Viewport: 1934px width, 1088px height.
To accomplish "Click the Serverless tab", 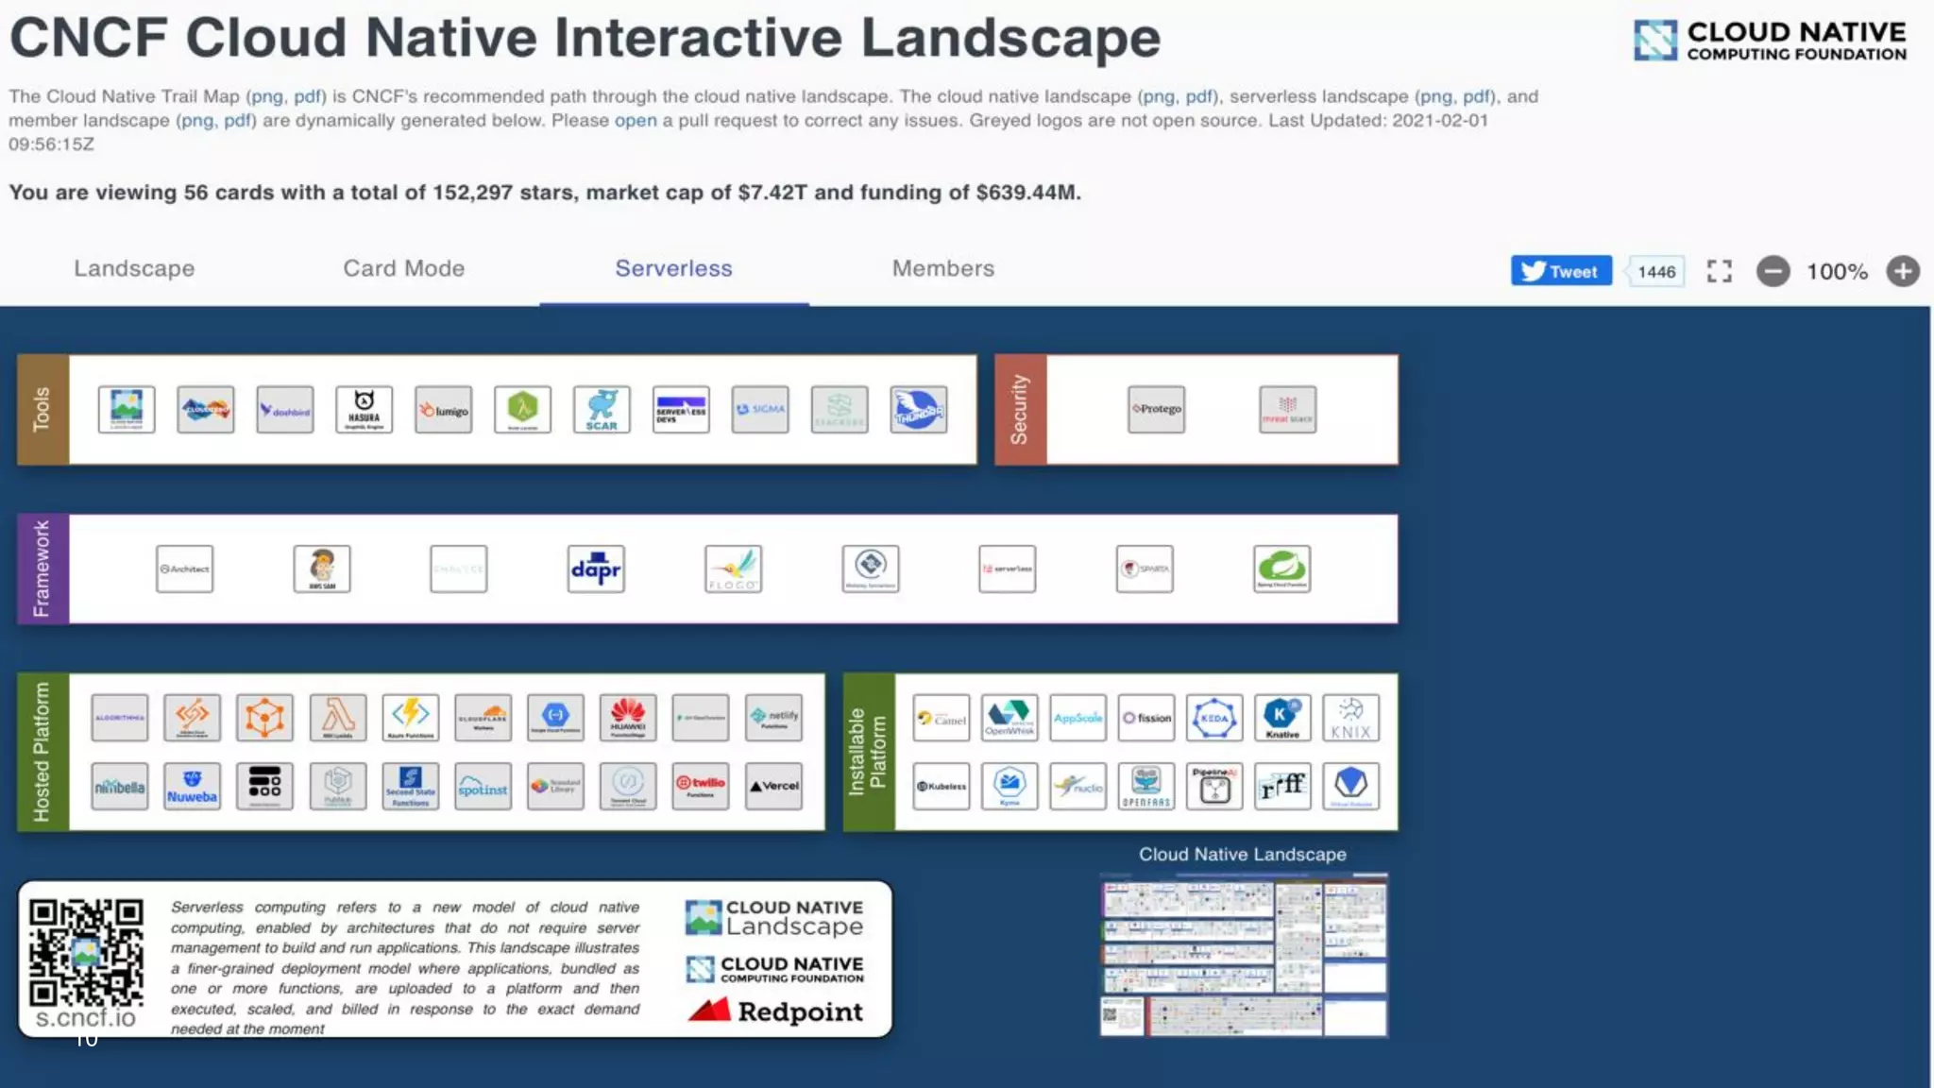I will [x=673, y=269].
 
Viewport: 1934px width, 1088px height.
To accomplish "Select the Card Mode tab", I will [x=403, y=269].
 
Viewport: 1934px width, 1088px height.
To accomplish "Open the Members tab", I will [x=942, y=269].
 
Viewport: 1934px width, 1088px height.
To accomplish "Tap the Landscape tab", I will [x=134, y=269].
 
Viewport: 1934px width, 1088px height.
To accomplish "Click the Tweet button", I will [x=1561, y=272].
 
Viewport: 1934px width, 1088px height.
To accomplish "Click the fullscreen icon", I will [x=1719, y=272].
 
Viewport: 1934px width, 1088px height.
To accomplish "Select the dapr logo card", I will [x=596, y=569].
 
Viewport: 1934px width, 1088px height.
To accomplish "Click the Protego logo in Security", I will [x=1156, y=410].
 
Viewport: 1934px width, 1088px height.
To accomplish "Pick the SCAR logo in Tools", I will [x=602, y=410].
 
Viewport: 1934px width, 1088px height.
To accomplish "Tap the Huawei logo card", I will [x=628, y=718].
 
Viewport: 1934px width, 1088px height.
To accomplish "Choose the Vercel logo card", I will [x=773, y=786].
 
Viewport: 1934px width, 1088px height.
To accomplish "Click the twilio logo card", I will [x=701, y=786].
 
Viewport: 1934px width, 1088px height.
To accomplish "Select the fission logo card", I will [x=1146, y=718].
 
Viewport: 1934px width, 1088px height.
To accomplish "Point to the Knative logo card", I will [x=1282, y=718].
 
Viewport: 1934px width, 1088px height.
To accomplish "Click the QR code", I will [x=86, y=953].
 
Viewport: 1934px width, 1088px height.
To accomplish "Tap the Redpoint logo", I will [x=775, y=1011].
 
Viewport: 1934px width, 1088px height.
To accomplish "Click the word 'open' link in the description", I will [x=636, y=121].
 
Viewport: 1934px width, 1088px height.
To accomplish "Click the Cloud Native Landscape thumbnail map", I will [x=1244, y=955].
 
